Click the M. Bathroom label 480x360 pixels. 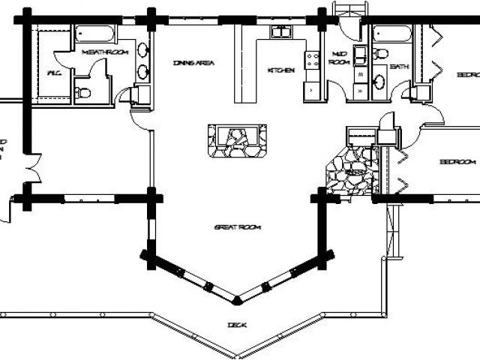click(105, 52)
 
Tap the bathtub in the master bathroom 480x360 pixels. click(94, 34)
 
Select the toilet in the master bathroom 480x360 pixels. click(82, 93)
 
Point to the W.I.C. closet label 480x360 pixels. click(53, 73)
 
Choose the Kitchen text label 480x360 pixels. click(280, 70)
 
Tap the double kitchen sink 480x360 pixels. click(281, 31)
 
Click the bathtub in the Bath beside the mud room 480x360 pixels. click(391, 34)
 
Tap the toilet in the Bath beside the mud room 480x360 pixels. click(381, 53)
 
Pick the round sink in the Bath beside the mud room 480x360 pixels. click(379, 82)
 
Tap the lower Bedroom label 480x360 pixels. click(457, 162)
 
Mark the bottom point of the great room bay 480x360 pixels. click(237, 300)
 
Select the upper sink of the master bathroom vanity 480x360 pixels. click(142, 51)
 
